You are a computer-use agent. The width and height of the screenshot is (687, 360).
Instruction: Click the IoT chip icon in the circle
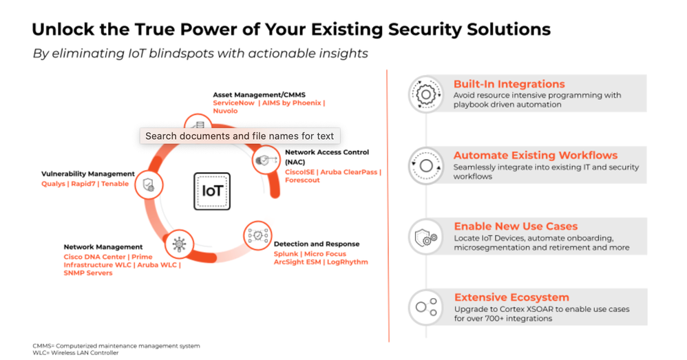(212, 191)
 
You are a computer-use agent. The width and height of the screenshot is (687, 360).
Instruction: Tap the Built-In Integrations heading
(509, 84)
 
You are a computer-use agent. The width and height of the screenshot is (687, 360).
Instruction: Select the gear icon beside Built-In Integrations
(426, 94)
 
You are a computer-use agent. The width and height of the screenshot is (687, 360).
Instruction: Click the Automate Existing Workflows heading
(536, 155)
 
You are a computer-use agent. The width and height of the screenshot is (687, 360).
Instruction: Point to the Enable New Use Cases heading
(516, 226)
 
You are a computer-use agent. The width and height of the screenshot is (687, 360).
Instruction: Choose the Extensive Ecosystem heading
(511, 297)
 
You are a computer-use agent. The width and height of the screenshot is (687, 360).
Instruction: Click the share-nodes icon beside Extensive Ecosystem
(426, 307)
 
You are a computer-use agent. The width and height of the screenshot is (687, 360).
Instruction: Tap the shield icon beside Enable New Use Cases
(426, 237)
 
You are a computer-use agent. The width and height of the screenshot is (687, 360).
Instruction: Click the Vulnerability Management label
(88, 174)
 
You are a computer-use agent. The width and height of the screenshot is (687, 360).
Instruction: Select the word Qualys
(54, 184)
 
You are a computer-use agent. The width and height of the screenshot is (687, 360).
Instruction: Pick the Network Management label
(103, 247)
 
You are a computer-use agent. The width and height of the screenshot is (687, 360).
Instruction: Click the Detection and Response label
(317, 244)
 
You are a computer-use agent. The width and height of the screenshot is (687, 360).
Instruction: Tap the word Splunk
(286, 254)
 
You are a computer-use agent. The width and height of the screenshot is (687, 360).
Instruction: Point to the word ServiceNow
(233, 103)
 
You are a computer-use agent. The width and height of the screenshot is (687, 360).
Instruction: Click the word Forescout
(302, 180)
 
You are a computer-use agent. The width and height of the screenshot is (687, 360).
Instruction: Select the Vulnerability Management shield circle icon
(149, 184)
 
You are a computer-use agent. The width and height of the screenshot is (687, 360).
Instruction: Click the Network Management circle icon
(179, 244)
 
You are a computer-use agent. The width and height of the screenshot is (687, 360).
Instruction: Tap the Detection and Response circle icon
(257, 235)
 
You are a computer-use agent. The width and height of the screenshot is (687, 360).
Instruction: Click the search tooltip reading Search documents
(240, 136)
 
